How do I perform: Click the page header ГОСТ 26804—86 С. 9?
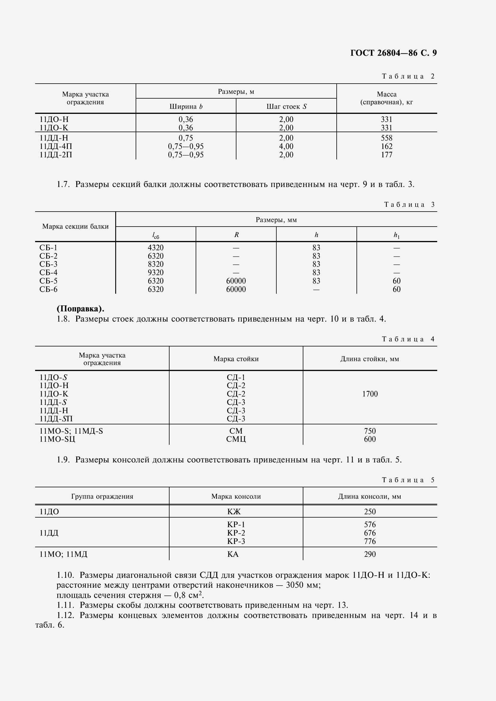(x=393, y=53)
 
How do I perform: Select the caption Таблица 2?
(x=408, y=76)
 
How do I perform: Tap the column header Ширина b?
(x=186, y=107)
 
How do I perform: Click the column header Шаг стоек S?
(x=286, y=107)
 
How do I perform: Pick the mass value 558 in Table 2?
(x=386, y=138)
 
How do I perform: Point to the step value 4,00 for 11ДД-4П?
(x=286, y=146)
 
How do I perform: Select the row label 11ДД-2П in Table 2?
(x=56, y=155)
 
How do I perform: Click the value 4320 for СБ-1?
(x=155, y=248)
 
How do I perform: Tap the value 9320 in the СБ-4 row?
(x=155, y=273)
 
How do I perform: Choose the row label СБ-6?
(x=48, y=290)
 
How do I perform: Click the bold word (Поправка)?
(x=80, y=309)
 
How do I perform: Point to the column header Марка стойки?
(x=236, y=359)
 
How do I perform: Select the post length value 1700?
(x=370, y=394)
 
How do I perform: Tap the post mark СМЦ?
(x=236, y=439)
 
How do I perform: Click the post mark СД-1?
(x=236, y=378)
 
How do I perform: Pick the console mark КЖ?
(x=234, y=512)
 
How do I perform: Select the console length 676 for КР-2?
(x=370, y=533)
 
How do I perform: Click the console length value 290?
(x=370, y=554)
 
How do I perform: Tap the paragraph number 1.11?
(x=65, y=605)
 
